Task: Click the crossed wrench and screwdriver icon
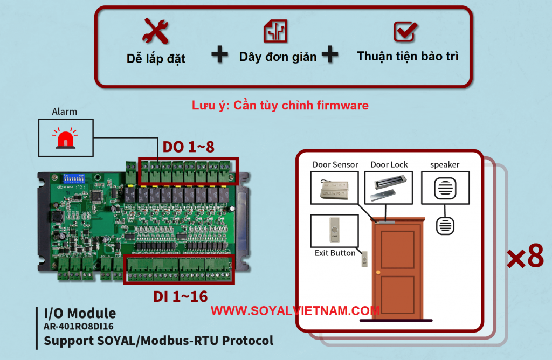(x=155, y=31)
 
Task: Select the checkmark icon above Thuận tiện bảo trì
(x=404, y=32)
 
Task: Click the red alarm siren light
(x=64, y=138)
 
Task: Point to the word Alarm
(x=64, y=112)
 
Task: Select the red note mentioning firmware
(x=280, y=105)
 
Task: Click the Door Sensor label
(x=335, y=164)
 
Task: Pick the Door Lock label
(x=389, y=164)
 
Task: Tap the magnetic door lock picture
(x=389, y=188)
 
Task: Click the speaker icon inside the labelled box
(x=445, y=188)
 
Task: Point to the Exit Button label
(x=335, y=253)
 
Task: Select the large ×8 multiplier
(x=525, y=257)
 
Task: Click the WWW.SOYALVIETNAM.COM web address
(x=295, y=311)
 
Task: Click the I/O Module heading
(x=80, y=313)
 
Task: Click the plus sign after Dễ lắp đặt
(x=219, y=54)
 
